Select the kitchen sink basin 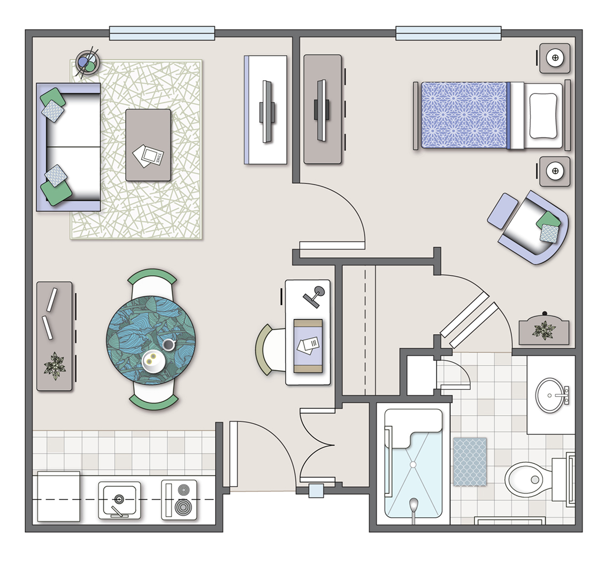pos(119,500)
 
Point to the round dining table pos(151,340)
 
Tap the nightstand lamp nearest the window pos(555,58)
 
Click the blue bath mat pos(470,462)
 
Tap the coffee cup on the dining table pos(169,345)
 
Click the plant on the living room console pos(55,365)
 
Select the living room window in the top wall pos(162,33)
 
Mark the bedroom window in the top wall pos(448,33)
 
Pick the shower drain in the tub pos(412,464)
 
